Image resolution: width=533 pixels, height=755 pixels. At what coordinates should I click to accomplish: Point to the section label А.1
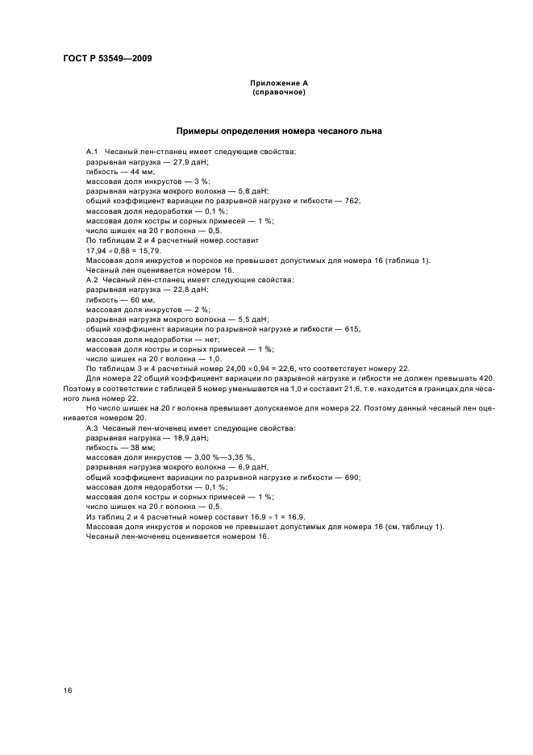(92, 152)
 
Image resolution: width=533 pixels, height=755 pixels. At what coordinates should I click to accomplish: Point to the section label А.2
(92, 279)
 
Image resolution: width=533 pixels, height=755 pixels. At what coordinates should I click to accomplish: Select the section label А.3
(92, 428)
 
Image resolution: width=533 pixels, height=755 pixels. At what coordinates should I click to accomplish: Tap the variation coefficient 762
(352, 201)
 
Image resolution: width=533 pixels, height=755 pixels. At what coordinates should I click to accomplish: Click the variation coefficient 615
(352, 328)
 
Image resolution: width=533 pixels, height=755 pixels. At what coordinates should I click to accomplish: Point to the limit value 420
(485, 378)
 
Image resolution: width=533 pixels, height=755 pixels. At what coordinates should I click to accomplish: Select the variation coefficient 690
(352, 477)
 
